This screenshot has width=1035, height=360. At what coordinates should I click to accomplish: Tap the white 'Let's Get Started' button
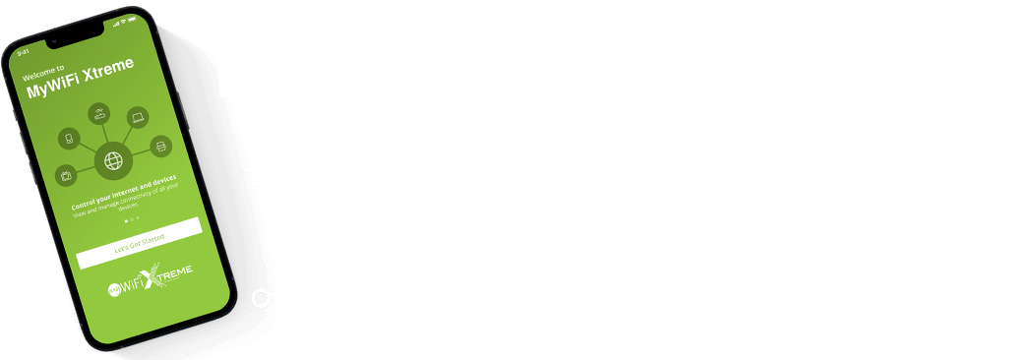(140, 240)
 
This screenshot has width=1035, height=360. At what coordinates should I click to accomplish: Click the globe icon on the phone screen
(111, 159)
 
